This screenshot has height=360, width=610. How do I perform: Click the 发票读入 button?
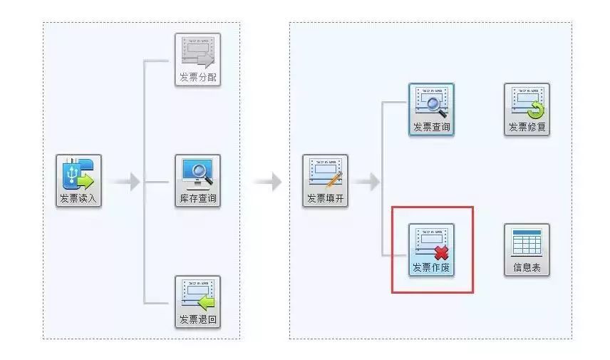point(78,180)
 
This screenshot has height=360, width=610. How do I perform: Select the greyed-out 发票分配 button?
point(197,59)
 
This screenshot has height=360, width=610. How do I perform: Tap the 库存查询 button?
point(197,180)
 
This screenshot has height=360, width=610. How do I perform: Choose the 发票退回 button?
point(197,302)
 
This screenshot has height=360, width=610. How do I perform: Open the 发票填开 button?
point(325,180)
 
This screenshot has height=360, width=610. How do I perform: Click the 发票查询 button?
point(431,109)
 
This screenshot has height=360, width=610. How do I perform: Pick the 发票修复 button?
point(527,109)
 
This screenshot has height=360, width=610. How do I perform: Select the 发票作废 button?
point(431,250)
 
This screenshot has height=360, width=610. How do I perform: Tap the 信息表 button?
point(527,250)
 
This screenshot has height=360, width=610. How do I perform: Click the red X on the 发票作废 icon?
point(442,253)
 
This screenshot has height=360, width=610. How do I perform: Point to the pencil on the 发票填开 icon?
point(334,180)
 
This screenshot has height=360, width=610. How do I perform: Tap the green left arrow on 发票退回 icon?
point(206,302)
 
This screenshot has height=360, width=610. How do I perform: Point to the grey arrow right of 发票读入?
point(125,181)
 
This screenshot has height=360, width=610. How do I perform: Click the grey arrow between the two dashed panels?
point(267,181)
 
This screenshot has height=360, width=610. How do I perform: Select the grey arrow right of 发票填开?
point(366,181)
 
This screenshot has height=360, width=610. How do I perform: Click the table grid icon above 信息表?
point(527,242)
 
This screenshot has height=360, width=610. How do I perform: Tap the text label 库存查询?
point(197,198)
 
